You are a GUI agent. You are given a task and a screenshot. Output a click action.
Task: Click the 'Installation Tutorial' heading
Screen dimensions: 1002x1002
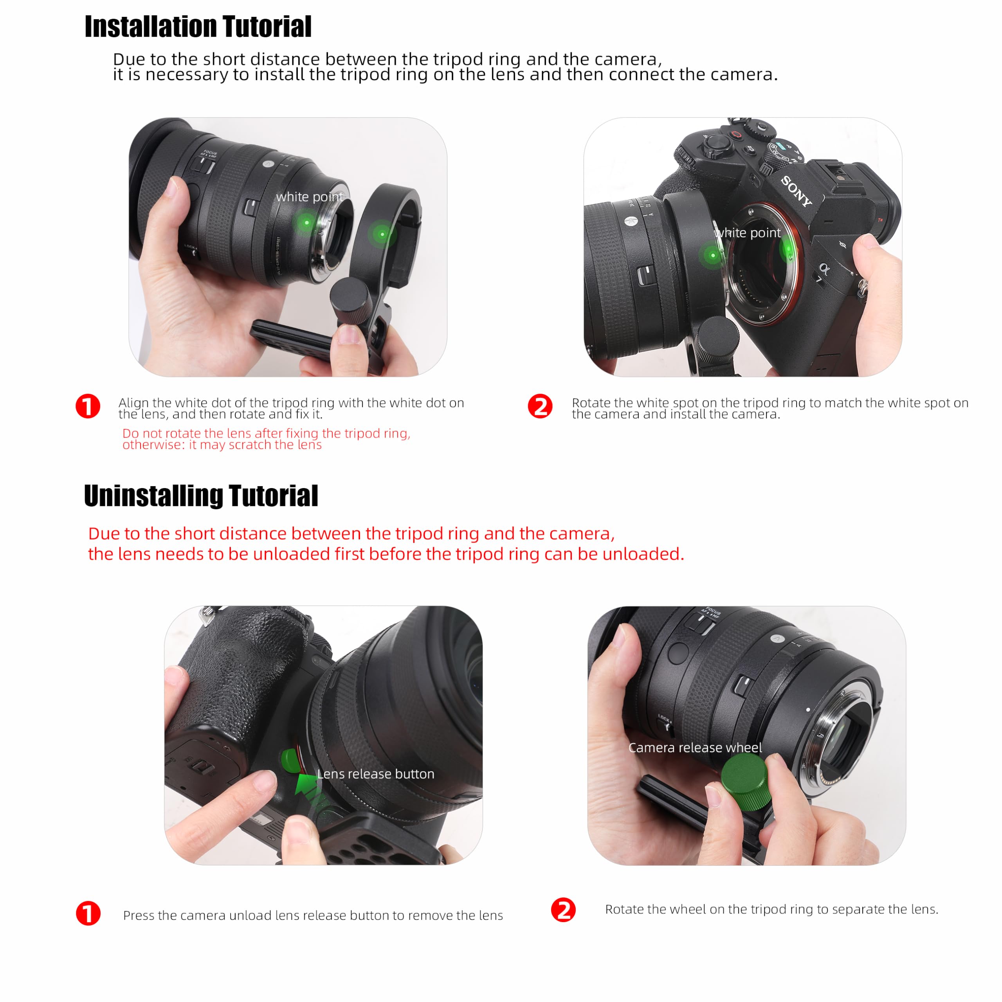(198, 27)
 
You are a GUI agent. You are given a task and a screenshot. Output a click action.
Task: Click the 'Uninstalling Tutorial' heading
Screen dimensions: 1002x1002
(201, 496)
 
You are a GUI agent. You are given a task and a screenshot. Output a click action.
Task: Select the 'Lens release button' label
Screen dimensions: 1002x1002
(375, 774)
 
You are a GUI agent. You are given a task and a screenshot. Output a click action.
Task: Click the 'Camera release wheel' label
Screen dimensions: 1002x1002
(695, 747)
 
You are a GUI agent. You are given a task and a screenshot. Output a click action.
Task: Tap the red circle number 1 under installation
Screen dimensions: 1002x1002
(88, 406)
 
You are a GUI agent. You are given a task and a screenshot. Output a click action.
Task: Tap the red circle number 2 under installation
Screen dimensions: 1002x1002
(540, 406)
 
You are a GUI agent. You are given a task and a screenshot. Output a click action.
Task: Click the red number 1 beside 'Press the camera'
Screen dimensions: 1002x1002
(88, 913)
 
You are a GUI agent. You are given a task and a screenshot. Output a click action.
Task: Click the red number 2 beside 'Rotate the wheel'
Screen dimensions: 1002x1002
(563, 910)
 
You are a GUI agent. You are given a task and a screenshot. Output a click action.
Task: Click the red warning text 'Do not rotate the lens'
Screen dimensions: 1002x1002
(266, 439)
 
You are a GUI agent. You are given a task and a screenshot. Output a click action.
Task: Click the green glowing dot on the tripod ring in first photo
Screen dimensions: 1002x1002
(382, 234)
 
